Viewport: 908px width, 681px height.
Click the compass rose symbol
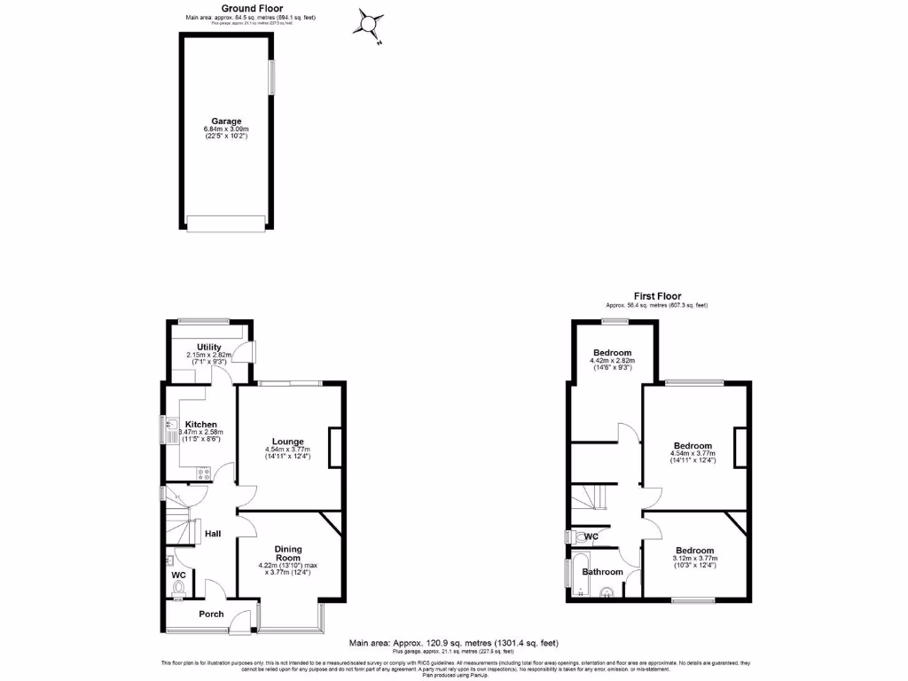click(x=368, y=24)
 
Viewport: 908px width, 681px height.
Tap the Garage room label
click(x=225, y=121)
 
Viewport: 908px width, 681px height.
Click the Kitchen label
click(x=200, y=424)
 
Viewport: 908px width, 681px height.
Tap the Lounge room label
click(x=288, y=442)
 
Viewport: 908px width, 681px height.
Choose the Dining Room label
click(x=288, y=553)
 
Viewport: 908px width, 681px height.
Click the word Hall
click(x=213, y=533)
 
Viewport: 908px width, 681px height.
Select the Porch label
click(x=211, y=614)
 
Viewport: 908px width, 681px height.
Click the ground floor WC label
click(x=179, y=574)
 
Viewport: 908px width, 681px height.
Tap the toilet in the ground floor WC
click(x=179, y=587)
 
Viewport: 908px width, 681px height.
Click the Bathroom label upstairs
click(x=602, y=572)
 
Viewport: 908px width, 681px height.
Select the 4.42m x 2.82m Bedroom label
click(x=611, y=352)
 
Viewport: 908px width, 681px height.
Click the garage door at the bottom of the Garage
click(x=226, y=224)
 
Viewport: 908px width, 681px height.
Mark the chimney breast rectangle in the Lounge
click(x=335, y=447)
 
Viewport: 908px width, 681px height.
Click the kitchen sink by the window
click(x=169, y=430)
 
